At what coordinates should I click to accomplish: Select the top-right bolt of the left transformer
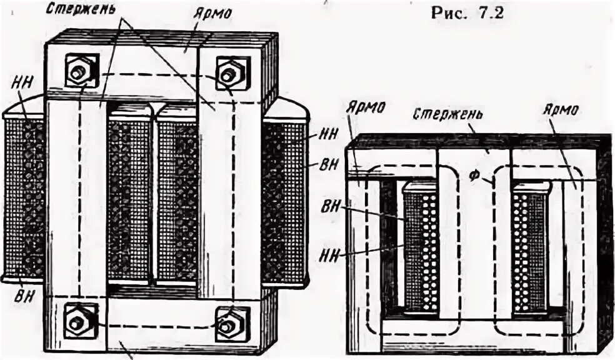(x=228, y=74)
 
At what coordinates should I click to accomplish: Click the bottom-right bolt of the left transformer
(x=226, y=324)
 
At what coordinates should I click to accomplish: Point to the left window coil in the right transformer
(x=421, y=249)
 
